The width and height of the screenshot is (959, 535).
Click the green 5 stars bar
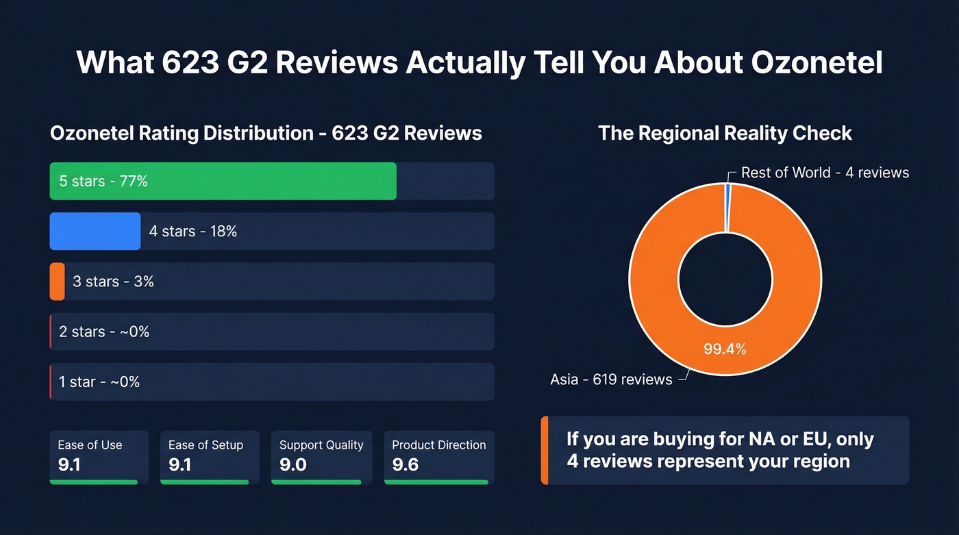(x=223, y=181)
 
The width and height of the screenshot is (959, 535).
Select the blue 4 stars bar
(x=95, y=232)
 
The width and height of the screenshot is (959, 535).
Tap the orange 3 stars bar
(x=57, y=282)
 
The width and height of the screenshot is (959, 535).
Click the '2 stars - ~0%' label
(x=104, y=332)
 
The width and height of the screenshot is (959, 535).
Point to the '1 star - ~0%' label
(x=99, y=382)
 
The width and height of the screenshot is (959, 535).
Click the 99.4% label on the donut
(x=725, y=349)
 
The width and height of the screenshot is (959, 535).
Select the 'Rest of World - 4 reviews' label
(x=825, y=173)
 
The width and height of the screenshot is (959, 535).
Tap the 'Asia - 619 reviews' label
(x=611, y=380)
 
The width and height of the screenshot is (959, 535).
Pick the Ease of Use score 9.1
(x=69, y=465)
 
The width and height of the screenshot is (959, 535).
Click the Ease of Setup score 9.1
(x=180, y=465)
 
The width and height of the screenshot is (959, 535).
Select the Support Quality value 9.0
(x=292, y=465)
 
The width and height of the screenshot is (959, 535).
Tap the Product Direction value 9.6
(x=405, y=465)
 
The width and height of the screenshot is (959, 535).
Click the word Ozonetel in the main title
(x=817, y=62)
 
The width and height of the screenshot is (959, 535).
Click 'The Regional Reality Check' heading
(x=725, y=133)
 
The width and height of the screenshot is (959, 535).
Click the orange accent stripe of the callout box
(x=545, y=450)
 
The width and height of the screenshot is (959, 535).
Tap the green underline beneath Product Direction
(x=436, y=482)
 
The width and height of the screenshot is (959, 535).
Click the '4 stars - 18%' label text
(x=193, y=232)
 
